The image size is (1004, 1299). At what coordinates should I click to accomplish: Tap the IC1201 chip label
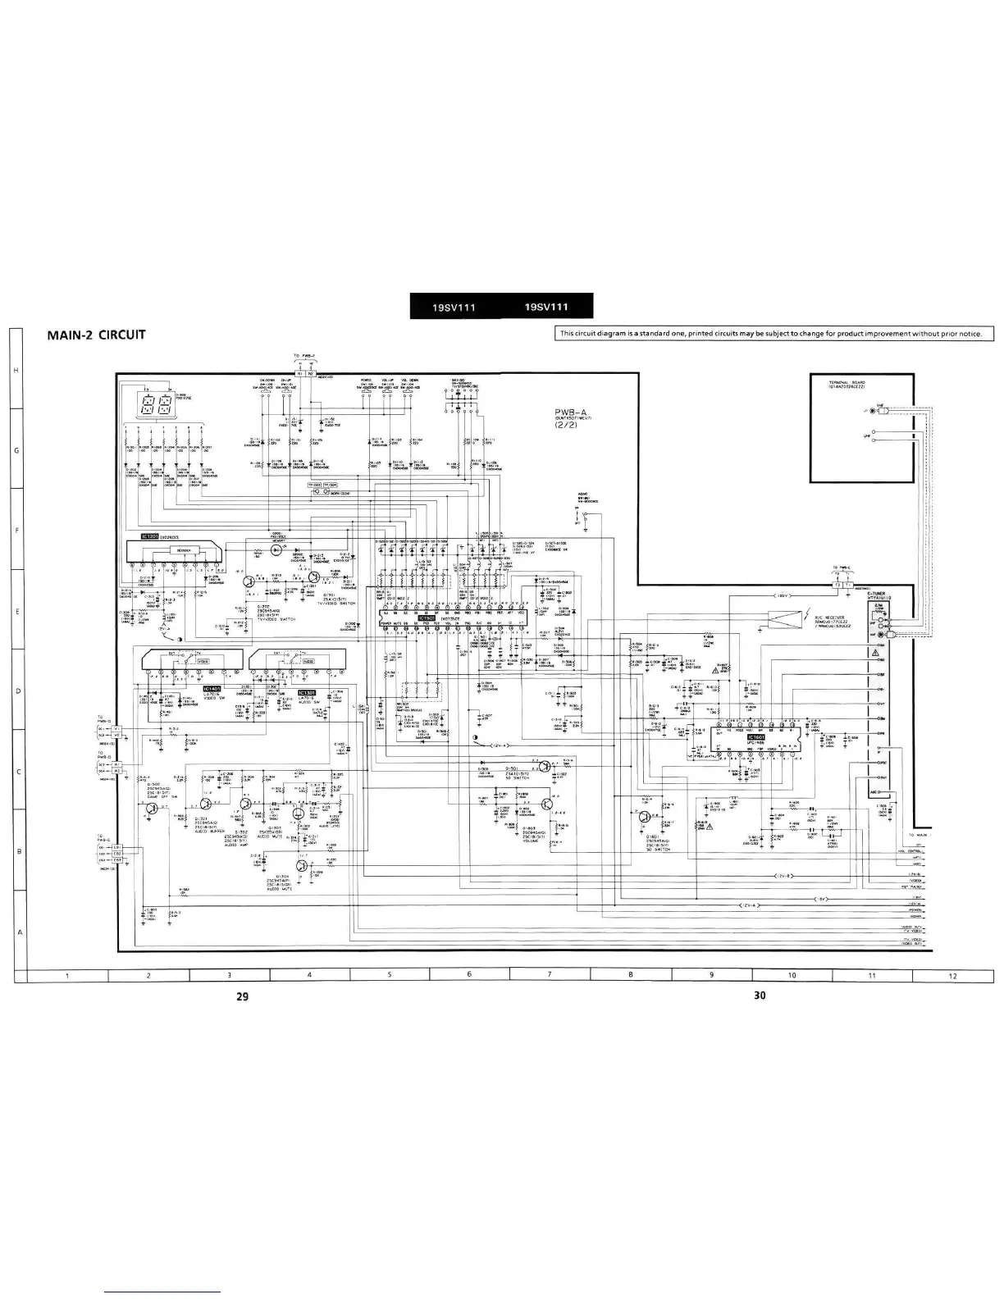pyautogui.click(x=149, y=536)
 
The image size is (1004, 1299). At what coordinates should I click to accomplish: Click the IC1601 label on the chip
pyautogui.click(x=755, y=737)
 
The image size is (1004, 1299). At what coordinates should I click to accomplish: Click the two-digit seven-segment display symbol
pyautogui.click(x=157, y=403)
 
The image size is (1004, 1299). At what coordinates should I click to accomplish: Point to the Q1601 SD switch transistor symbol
pyautogui.click(x=646, y=818)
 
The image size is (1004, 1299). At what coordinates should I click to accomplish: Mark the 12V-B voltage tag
pyautogui.click(x=783, y=877)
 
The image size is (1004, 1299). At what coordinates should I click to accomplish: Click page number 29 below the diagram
pyautogui.click(x=241, y=996)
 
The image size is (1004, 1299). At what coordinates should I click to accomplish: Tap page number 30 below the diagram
pyautogui.click(x=759, y=996)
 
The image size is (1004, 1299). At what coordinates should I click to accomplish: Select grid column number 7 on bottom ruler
pyautogui.click(x=550, y=975)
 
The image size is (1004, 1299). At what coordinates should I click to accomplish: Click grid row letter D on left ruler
pyautogui.click(x=17, y=691)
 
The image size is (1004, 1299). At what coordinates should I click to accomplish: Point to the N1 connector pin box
pyautogui.click(x=300, y=373)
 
